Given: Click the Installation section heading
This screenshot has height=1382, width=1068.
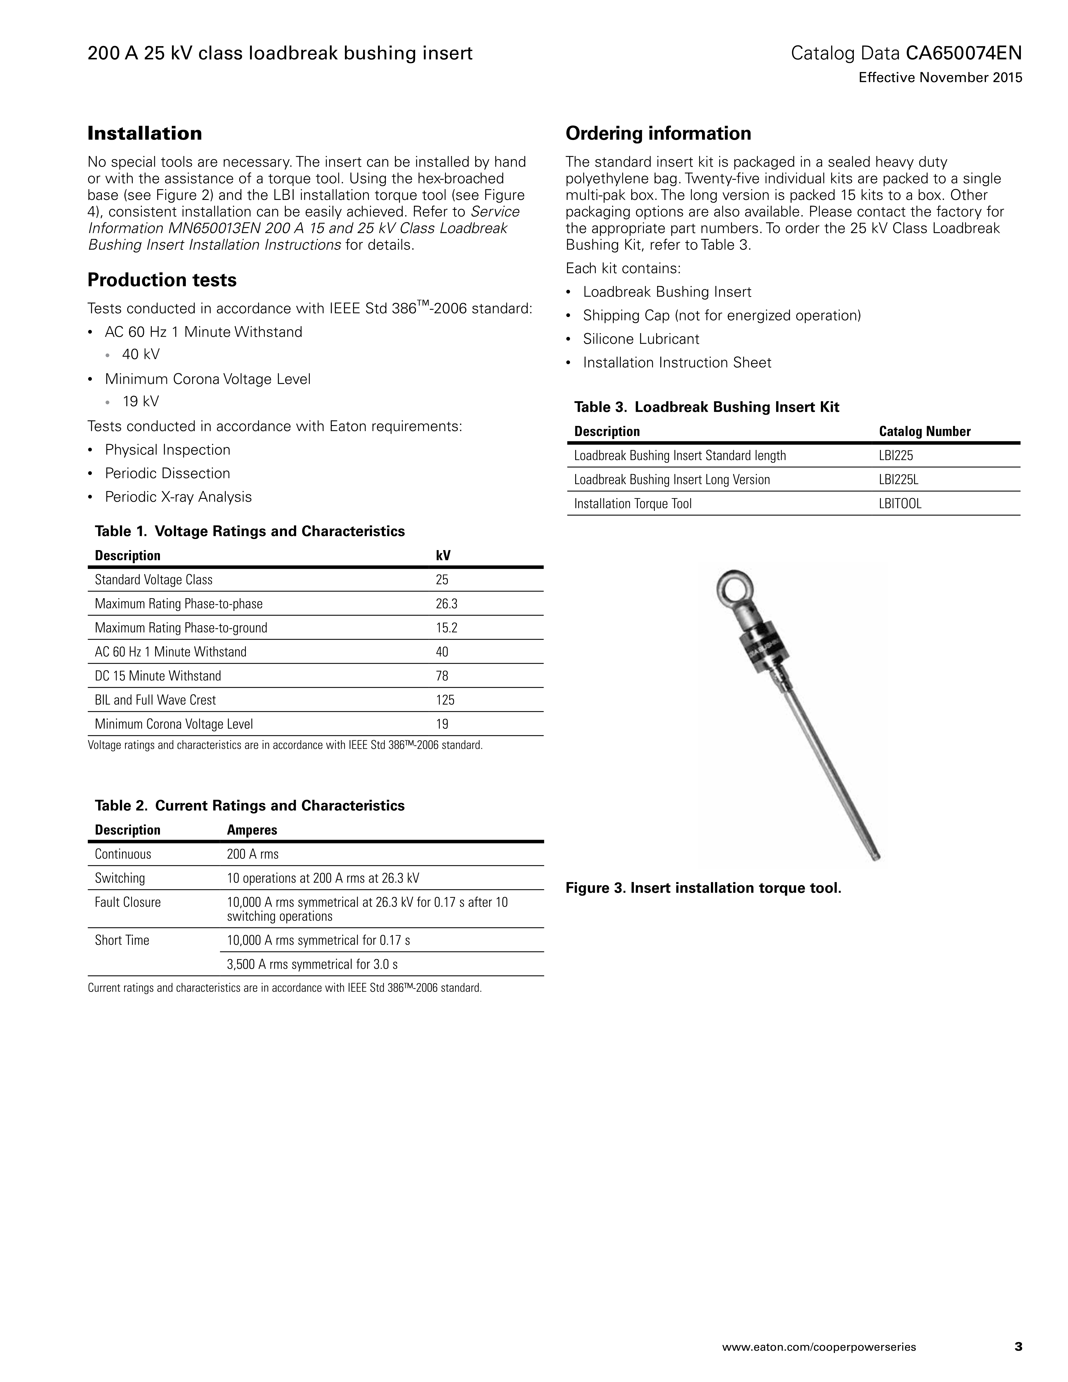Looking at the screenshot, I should pos(145,133).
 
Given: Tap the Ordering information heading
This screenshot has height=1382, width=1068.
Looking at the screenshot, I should pos(658,133).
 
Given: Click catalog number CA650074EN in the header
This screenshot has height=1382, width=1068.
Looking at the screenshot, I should pos(964,53).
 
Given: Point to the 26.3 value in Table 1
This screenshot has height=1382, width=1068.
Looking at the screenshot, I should pos(446,604).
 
